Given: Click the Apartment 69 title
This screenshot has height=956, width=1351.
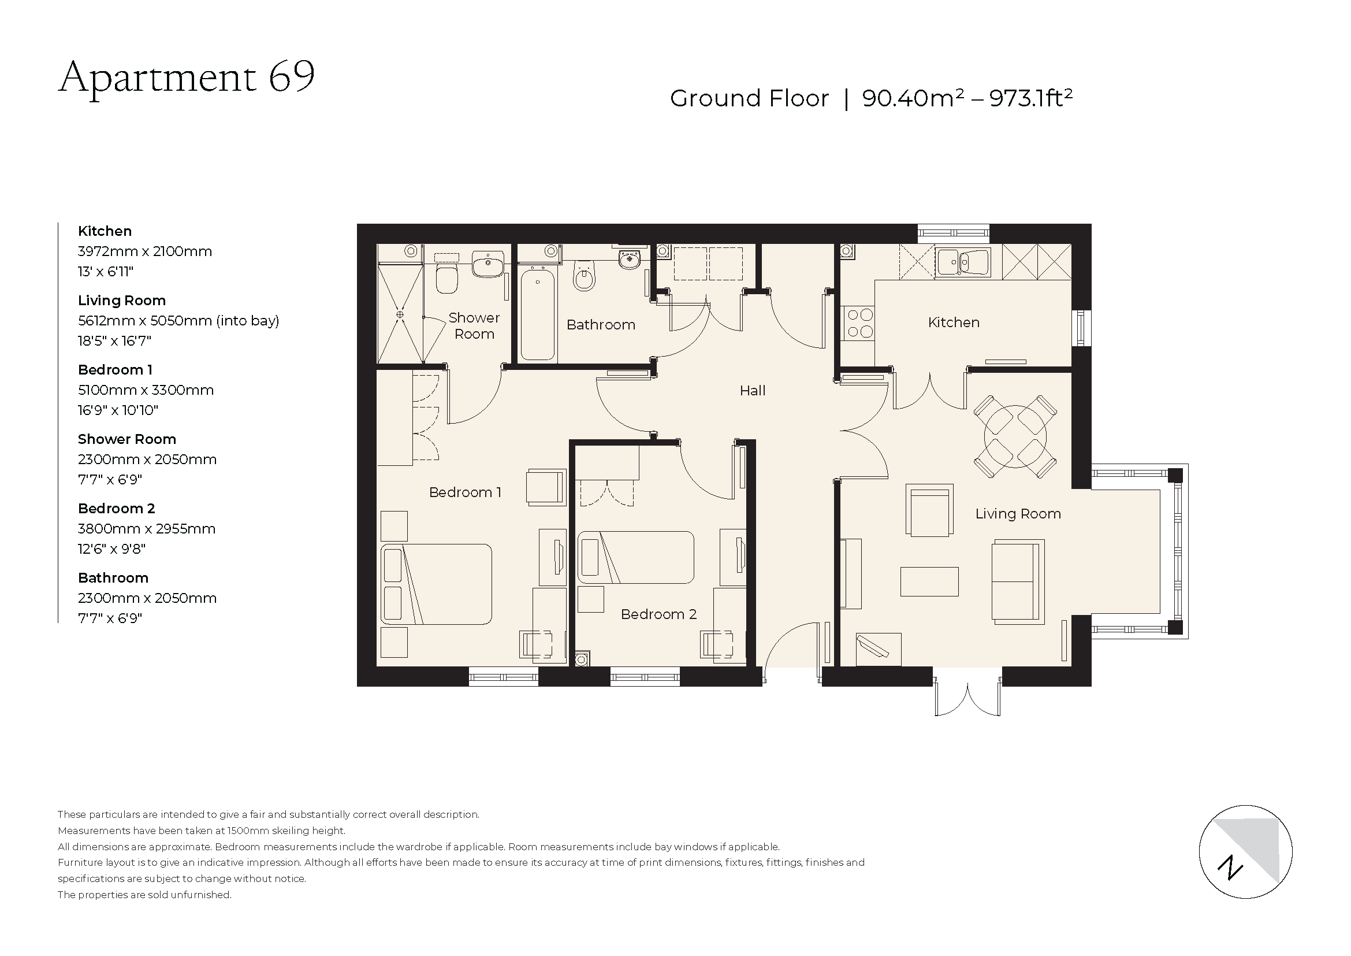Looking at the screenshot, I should [187, 77].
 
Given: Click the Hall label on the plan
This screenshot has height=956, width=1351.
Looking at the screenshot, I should [752, 391].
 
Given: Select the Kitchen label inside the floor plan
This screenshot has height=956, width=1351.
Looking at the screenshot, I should [953, 323].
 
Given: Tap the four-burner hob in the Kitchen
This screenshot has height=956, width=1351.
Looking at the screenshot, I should [858, 323].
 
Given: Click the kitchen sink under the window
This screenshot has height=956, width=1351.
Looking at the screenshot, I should [963, 262].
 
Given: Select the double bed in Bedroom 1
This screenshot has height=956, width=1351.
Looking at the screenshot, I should [436, 584].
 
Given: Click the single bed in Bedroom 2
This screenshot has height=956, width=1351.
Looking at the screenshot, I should [635, 557].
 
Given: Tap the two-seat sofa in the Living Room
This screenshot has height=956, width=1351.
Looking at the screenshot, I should [1017, 581].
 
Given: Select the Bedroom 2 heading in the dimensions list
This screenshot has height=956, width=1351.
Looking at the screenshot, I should [117, 509].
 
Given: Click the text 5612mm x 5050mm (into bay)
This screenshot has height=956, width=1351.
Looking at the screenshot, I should [178, 321].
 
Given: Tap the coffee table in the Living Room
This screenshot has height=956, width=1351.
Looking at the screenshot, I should [929, 581].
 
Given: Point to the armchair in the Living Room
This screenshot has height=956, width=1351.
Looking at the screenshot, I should [929, 510].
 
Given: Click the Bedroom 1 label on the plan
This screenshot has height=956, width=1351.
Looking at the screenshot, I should [465, 492].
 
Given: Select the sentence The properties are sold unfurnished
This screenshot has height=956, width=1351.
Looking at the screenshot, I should [145, 895].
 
